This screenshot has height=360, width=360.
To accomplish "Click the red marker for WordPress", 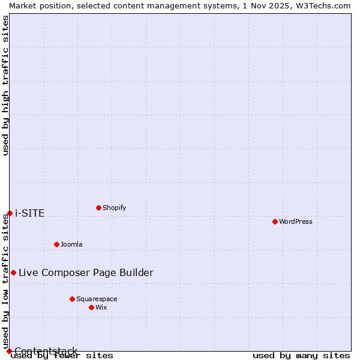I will point(275,222).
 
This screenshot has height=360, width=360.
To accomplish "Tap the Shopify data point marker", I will point(98,208).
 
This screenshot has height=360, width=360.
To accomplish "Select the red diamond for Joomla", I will point(56,244).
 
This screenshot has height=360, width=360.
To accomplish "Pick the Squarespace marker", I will point(72,299).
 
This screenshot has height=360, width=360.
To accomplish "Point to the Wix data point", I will point(91,307).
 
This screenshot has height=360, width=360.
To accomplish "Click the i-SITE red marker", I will point(10,213).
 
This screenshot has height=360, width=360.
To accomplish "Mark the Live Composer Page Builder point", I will point(13,272).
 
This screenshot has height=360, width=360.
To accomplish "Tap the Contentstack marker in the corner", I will point(9,351).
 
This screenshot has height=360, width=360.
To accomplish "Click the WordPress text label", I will point(296,222).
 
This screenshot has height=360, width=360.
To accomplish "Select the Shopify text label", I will point(114,208).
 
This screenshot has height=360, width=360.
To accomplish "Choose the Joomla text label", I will point(71,244).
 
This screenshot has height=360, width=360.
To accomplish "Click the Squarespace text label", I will point(97,299).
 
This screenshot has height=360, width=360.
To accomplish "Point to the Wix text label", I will point(101,307).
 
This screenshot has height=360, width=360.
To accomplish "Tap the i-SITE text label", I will point(29,213).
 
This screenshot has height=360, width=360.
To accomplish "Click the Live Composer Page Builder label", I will point(86,272).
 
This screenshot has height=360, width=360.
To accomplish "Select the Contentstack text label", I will point(46,351).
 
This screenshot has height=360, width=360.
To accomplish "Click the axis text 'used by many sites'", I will point(301,356).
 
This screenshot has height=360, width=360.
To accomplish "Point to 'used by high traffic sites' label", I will point(5,85).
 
